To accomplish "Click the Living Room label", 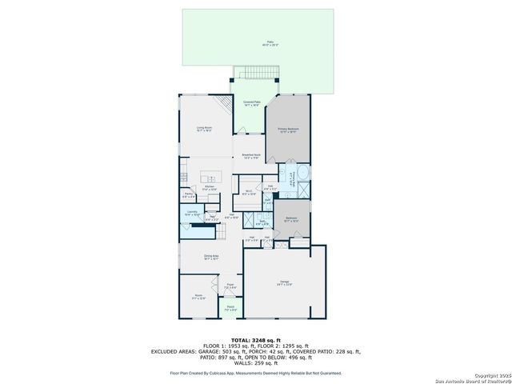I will tap(205, 129).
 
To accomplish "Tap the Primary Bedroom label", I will tap(288, 130).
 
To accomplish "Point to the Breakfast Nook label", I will tap(253, 157).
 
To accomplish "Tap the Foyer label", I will tap(230, 286).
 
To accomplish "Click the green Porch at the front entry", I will tap(230, 309).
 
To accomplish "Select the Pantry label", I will tap(188, 194).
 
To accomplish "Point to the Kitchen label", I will tap(209, 188).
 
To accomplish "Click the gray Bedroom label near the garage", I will tap(292, 219).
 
